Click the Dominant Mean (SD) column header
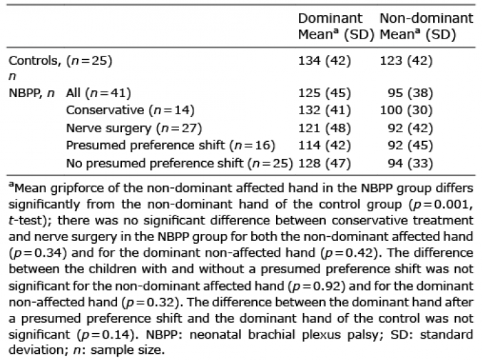[x=336, y=26]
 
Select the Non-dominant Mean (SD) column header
[x=426, y=26]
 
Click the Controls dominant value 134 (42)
[x=324, y=61]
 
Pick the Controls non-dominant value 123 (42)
[x=406, y=61]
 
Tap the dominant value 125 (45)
[x=324, y=93]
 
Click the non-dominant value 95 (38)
[x=410, y=93]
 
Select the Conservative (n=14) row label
[x=130, y=110]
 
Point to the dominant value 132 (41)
[x=324, y=110]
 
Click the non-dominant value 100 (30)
[x=406, y=110]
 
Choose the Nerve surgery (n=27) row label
[x=134, y=128]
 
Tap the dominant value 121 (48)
[x=324, y=128]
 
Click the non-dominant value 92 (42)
[x=410, y=128]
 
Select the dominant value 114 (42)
[x=324, y=145]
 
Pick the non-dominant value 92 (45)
[x=410, y=145]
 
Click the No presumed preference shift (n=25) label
[x=180, y=163]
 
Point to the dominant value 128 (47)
[x=324, y=163]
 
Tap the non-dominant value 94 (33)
[x=410, y=163]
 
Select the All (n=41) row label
[x=98, y=93]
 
